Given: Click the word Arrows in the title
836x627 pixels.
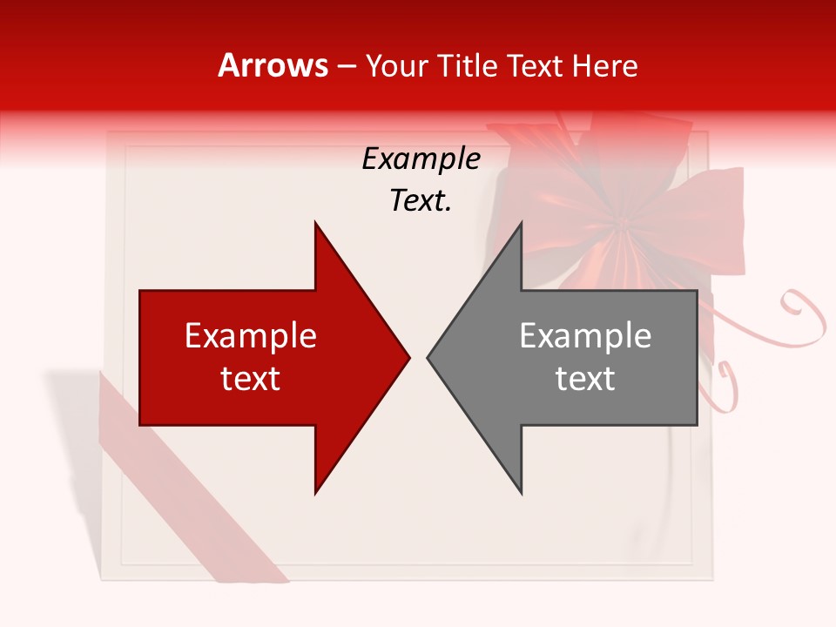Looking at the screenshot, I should point(273,65).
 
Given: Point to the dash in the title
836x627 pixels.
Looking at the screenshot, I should point(346,66).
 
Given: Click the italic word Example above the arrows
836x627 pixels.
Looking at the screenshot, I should point(421,159).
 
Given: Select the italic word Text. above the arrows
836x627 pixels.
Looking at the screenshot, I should point(421,201).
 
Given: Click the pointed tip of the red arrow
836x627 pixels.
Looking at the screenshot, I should point(409,357).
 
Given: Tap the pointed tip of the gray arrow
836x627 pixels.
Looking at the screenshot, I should point(428,357).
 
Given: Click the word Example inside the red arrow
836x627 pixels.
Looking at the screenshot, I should point(251,336).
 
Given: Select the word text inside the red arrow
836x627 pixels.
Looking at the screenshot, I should point(251,379).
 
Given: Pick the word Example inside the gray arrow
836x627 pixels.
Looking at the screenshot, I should point(585,336).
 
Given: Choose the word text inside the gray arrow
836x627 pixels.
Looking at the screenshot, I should point(585,379).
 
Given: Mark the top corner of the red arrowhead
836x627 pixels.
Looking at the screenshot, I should point(315,223).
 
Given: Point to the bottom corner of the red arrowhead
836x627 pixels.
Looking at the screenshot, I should point(315,493).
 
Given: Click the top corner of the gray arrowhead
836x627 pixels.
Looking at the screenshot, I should point(521,223).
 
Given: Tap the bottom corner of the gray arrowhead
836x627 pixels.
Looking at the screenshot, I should point(521,493).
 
